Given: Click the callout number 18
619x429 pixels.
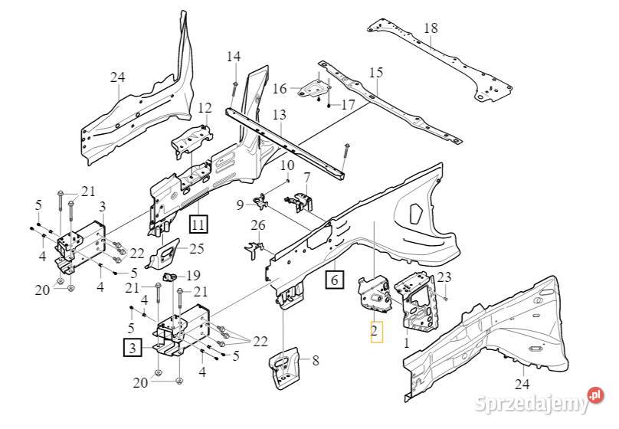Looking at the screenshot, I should pyautogui.click(x=431, y=29).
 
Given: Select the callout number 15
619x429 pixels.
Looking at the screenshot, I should pyautogui.click(x=375, y=73).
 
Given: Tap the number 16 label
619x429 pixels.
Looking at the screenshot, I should pyautogui.click(x=280, y=89).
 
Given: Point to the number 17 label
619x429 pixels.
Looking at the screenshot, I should pyautogui.click(x=348, y=105).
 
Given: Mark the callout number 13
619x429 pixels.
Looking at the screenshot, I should pyautogui.click(x=278, y=115).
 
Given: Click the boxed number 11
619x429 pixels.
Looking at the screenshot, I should pyautogui.click(x=199, y=224).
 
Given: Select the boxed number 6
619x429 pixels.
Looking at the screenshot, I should pyautogui.click(x=334, y=280).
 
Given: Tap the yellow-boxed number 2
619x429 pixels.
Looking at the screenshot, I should pyautogui.click(x=375, y=331).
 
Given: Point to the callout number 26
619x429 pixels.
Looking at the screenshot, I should pyautogui.click(x=258, y=225).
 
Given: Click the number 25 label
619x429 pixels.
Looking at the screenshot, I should pyautogui.click(x=197, y=248).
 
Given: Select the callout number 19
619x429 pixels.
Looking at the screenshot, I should pyautogui.click(x=193, y=276).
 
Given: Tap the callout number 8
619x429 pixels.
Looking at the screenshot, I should pyautogui.click(x=316, y=359).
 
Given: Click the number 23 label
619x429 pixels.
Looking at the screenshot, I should pyautogui.click(x=444, y=278).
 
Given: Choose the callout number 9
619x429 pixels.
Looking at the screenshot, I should pyautogui.click(x=240, y=205).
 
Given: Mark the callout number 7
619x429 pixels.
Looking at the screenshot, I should pyautogui.click(x=307, y=178).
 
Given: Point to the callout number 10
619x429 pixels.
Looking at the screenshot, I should pyautogui.click(x=287, y=165).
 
